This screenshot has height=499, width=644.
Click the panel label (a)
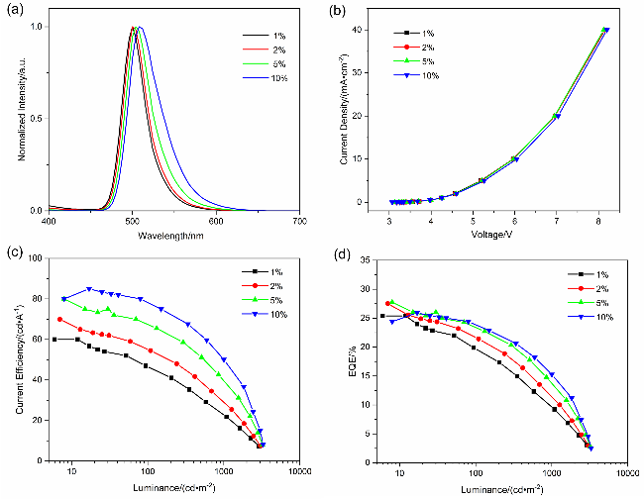pyautogui.click(x=13, y=9)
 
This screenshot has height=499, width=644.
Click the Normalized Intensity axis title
pyautogui.click(x=13, y=116)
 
